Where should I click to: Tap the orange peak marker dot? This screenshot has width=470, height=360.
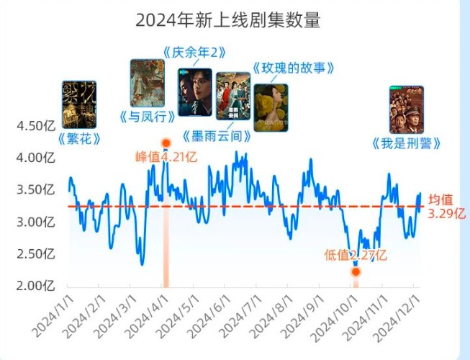point(166,143)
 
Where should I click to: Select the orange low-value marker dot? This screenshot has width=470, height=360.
point(355,271)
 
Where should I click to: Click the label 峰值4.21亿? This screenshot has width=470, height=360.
point(166,156)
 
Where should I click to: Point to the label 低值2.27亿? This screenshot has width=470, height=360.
point(356,254)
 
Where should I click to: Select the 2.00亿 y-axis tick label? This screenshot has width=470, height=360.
point(36,285)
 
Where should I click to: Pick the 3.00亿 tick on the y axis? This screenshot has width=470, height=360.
point(36,222)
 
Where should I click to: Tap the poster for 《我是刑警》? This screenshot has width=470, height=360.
point(406,109)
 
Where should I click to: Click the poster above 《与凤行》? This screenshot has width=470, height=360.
point(147,83)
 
